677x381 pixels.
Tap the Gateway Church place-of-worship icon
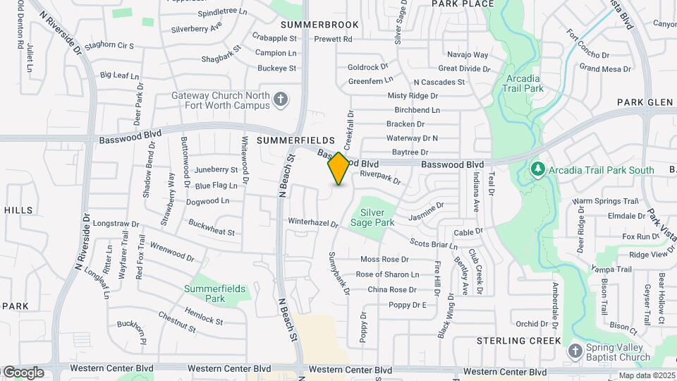(x=281, y=99)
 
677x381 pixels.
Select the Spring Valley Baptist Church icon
(x=575, y=351)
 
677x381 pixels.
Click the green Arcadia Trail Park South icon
(x=538, y=169)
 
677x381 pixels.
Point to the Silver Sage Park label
(x=377, y=217)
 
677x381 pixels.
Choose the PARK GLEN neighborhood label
(x=645, y=102)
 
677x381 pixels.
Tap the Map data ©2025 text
(x=647, y=375)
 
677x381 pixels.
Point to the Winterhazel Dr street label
(x=313, y=222)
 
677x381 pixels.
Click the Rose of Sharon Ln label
(x=387, y=274)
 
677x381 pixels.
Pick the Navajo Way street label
(x=468, y=54)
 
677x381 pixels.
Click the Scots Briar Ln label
(x=434, y=244)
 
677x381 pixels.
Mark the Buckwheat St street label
(x=211, y=226)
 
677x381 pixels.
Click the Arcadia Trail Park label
(x=524, y=83)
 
